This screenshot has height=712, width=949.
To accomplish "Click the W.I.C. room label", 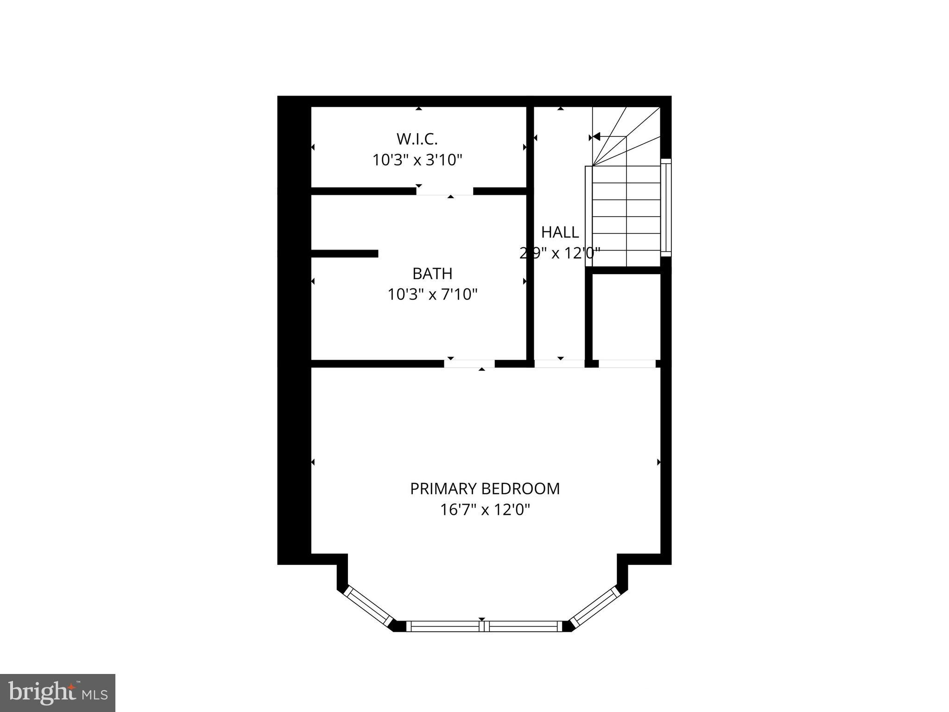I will pos(417,139).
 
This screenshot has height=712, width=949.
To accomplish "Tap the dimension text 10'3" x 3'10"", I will pos(418,160).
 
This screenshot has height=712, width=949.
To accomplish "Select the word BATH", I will pos(432,274).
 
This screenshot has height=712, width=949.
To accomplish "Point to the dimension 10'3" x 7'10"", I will pos(432,295).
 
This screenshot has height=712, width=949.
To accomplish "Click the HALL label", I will pos(560,232).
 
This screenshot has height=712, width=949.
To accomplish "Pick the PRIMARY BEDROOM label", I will pos(485,489).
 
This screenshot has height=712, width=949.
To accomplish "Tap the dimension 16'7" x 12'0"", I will pos(485,510).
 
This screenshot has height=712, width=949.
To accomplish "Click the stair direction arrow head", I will pos(596,136).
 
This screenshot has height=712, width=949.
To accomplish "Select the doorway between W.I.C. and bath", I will pos(445,192).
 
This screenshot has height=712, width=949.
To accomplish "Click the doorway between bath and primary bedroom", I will pos(469,364).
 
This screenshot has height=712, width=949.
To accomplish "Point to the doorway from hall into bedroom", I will pos(560,364).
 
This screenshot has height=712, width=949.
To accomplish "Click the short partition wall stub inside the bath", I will pos(345,253).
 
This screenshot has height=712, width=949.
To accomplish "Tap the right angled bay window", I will pos(594,606).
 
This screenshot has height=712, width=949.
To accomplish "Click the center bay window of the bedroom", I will pos(484,626).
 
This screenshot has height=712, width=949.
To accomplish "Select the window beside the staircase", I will pos(666,207).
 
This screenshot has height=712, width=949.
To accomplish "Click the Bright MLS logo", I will pos(57,693).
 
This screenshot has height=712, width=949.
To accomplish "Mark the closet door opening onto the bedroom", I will pos(627,364).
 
